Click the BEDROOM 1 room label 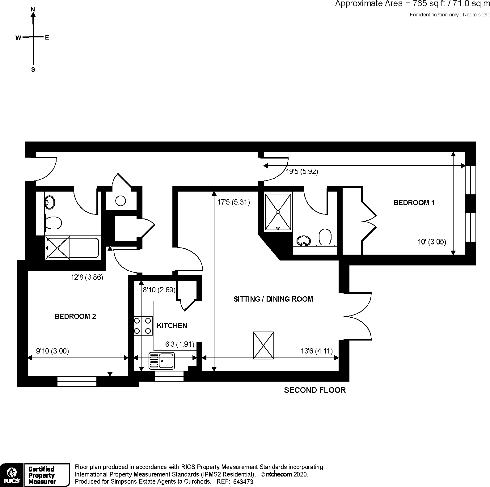(x=414, y=203)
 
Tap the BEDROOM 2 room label (x=75, y=316)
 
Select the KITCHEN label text (x=172, y=326)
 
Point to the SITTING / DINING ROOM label (x=273, y=299)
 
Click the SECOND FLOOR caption (x=315, y=390)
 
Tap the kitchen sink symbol (x=162, y=361)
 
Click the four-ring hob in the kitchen (x=143, y=326)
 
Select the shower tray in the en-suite (x=278, y=212)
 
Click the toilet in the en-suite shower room (x=325, y=237)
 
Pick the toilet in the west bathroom (x=53, y=223)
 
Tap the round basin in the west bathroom (x=50, y=202)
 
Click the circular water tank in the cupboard (x=120, y=201)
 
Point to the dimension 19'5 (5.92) (x=302, y=172)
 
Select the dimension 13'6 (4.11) (x=316, y=351)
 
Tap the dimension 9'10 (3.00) (x=53, y=351)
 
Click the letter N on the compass (x=33, y=10)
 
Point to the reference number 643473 (x=243, y=481)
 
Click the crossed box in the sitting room (x=263, y=345)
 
